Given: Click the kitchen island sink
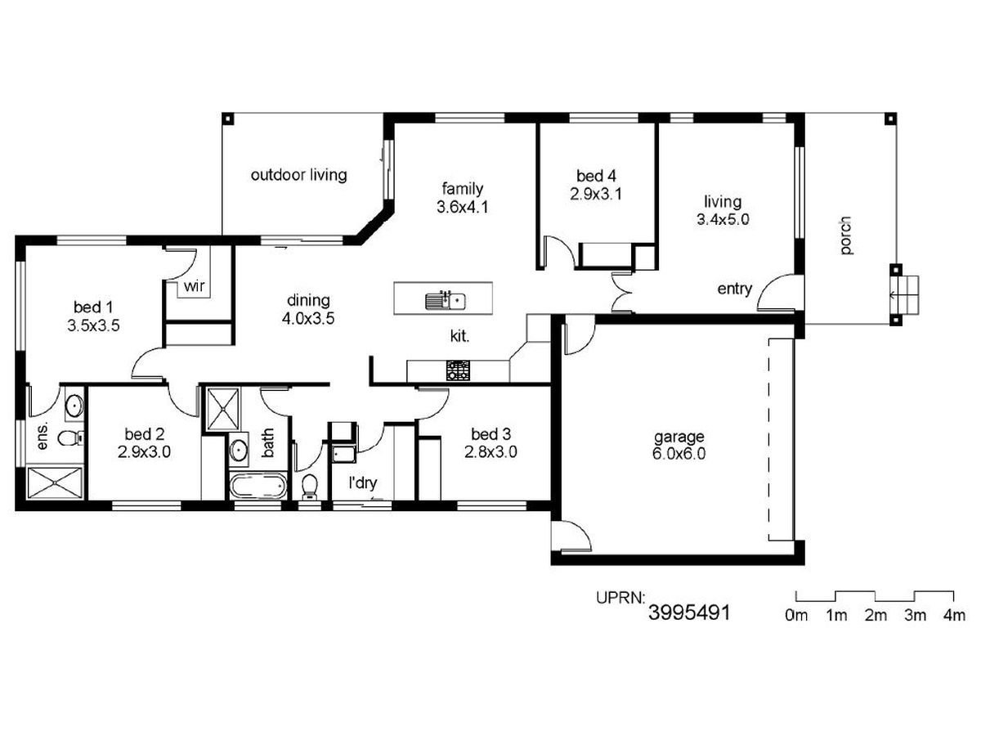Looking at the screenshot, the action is click(445, 300).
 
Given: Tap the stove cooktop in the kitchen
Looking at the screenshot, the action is click(458, 370).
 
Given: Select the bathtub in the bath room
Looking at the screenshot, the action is click(258, 486).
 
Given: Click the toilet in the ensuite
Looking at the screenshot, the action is click(70, 438).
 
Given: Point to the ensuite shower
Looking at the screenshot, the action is click(55, 482).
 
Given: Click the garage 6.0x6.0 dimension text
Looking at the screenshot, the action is click(679, 454).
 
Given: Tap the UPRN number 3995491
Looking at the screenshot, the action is click(688, 613).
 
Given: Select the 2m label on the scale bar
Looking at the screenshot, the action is click(875, 616).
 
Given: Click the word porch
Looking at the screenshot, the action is click(845, 236).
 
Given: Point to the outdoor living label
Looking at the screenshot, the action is click(298, 175).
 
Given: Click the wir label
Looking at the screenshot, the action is click(194, 286).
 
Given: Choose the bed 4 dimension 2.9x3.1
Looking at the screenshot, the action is click(596, 194).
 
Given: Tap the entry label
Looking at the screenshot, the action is click(734, 289).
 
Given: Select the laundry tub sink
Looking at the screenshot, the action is click(343, 454).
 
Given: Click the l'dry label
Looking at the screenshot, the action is click(362, 482).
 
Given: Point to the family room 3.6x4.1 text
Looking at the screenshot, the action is click(462, 208).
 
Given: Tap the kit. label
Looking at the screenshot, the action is click(459, 336).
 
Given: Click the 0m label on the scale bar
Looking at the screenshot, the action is click(796, 616).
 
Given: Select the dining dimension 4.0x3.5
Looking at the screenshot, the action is click(308, 319).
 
